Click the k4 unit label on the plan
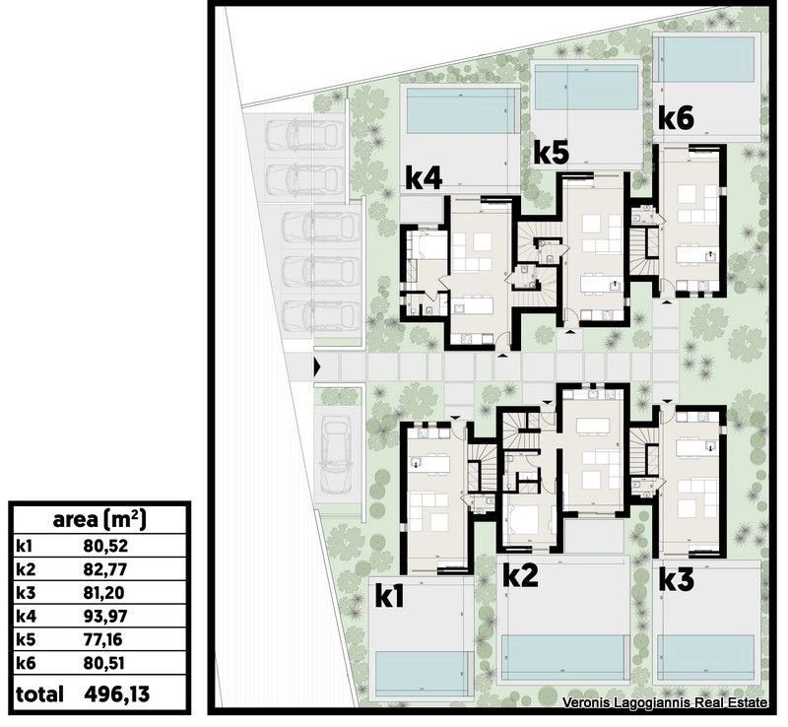click(424, 179)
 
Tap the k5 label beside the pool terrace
click(552, 153)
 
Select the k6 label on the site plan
click(676, 118)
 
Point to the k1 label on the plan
click(390, 597)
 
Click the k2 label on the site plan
click(521, 575)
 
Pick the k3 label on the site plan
click(677, 579)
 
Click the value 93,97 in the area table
click(105, 616)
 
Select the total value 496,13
click(117, 694)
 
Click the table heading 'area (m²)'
click(99, 520)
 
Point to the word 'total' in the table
click(39, 694)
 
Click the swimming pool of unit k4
click(461, 111)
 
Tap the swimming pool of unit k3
click(705, 657)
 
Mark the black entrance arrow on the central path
click(317, 367)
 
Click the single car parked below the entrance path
click(336, 454)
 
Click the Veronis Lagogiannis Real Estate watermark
click(664, 702)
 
